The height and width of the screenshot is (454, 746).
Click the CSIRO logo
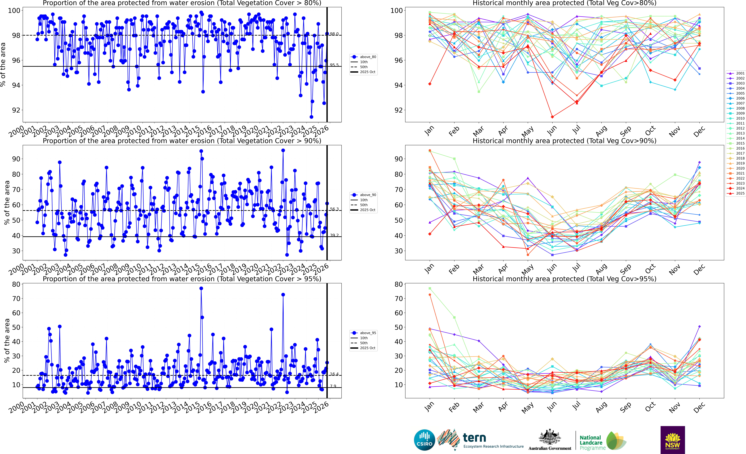[424, 440]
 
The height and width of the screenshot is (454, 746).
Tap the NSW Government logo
[672, 440]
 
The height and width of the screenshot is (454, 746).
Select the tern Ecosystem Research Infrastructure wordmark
[493, 440]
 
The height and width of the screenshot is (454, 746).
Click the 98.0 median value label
[334, 34]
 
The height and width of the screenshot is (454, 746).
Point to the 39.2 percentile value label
[334, 235]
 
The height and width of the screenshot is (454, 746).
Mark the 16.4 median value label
[334, 374]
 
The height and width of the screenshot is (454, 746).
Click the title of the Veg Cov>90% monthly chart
[564, 141]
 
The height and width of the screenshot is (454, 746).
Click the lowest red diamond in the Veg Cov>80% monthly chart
[552, 117]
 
